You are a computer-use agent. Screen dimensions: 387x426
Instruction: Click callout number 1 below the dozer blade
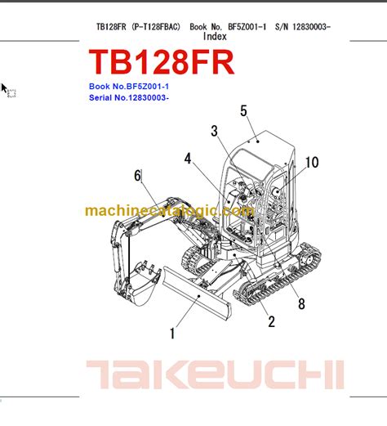(x=172, y=334)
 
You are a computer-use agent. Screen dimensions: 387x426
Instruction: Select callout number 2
(x=271, y=321)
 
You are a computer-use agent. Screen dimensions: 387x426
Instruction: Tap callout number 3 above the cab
(x=215, y=131)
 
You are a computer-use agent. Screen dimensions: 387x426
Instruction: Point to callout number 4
(x=188, y=159)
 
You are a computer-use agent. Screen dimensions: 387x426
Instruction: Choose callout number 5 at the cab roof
(x=243, y=111)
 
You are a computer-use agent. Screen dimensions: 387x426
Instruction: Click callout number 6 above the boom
(x=138, y=175)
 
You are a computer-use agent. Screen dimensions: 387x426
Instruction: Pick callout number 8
(x=301, y=303)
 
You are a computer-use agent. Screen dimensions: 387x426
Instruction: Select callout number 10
(x=312, y=163)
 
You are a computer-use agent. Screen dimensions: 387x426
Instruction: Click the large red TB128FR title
(x=162, y=62)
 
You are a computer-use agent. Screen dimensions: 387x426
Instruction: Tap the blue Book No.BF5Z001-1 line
(x=129, y=87)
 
